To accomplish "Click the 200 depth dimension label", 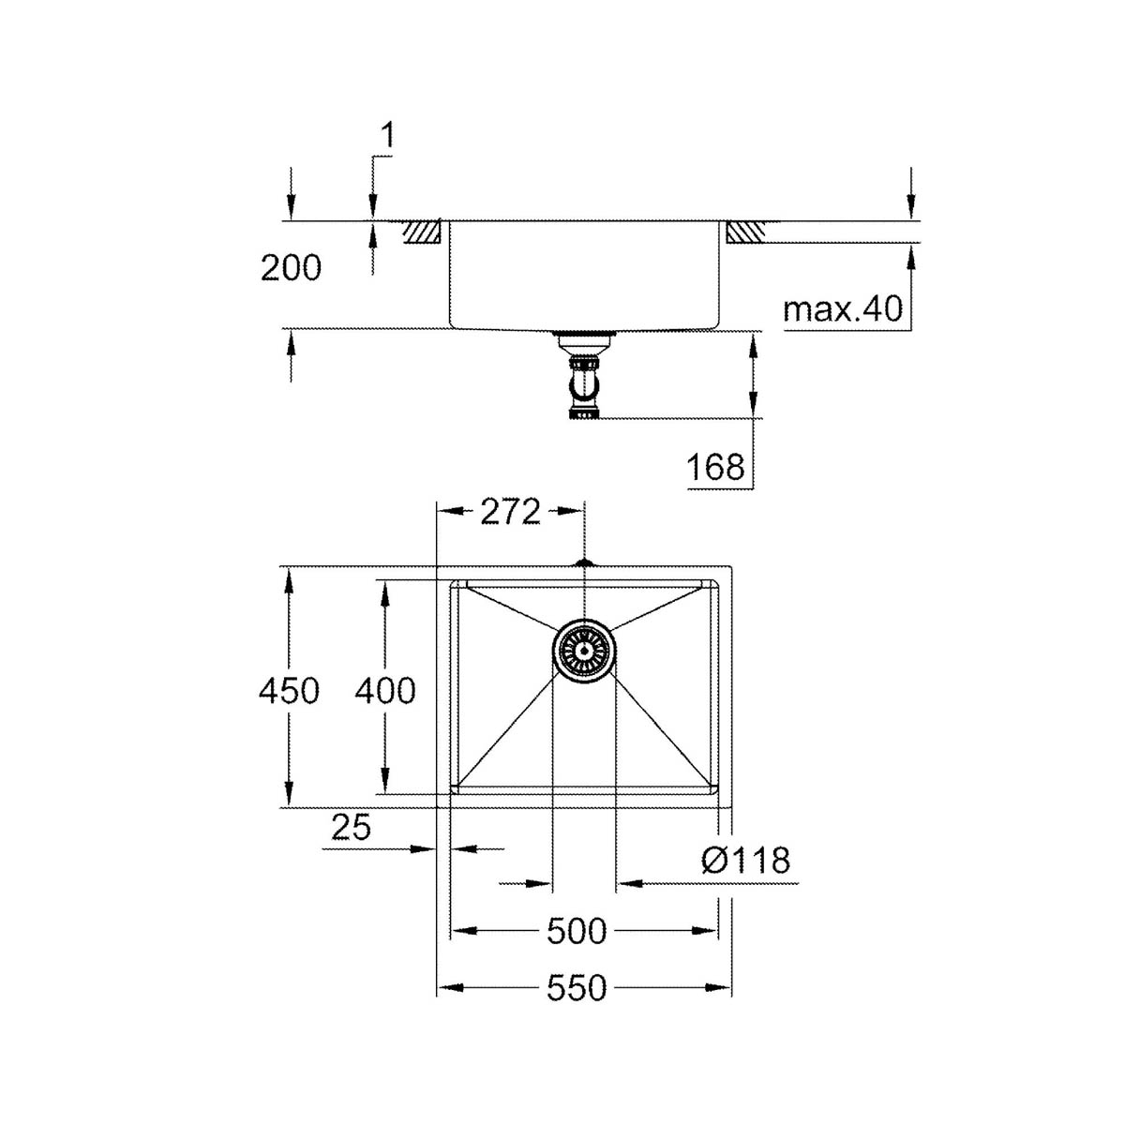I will point(291,269).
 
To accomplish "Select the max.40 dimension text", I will point(841,308).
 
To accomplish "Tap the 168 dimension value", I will point(715,466).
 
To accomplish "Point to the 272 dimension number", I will point(511,512).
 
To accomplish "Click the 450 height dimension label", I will point(290,691).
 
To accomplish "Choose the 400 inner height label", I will point(384,691).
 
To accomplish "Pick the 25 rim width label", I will point(352,827).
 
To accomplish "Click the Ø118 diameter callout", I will point(745,859).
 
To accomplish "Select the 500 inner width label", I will point(577,932).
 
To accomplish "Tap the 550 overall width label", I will point(577,988).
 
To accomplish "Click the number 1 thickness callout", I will point(386,137).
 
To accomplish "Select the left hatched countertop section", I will point(423,232).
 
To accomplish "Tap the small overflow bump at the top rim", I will point(584,563).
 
